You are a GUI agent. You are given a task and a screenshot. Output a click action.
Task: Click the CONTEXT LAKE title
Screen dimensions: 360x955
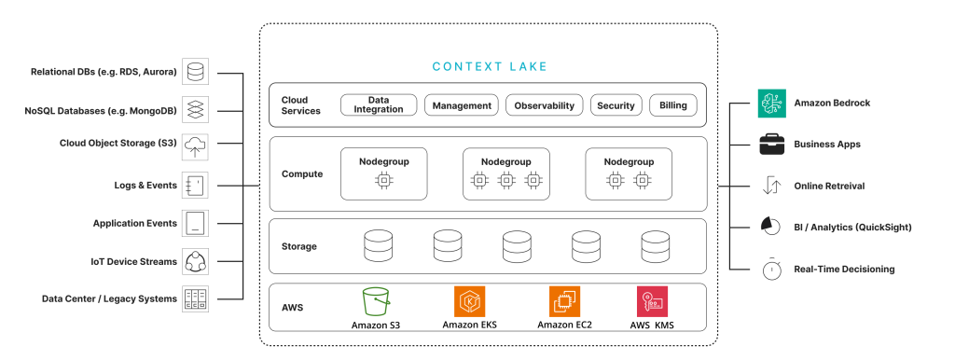coord(490,67)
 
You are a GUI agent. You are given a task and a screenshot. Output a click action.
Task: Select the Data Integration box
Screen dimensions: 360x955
coord(378,105)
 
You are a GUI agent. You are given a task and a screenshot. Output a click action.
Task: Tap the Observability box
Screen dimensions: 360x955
coord(546,105)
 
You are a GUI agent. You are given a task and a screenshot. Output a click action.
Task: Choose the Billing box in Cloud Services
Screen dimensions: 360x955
coord(672,105)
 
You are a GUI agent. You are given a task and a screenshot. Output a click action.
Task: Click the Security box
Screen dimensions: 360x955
coord(616,105)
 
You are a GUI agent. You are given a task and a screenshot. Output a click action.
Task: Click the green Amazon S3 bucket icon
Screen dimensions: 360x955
coord(376,301)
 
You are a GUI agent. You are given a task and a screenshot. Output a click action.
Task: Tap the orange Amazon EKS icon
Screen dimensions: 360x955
coord(469,301)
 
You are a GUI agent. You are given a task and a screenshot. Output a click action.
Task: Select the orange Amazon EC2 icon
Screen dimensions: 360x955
coord(564,301)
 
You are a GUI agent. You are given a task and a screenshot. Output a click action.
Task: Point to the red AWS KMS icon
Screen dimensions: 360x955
coord(652,301)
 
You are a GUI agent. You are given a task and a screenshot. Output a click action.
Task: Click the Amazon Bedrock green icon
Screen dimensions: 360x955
coord(771,103)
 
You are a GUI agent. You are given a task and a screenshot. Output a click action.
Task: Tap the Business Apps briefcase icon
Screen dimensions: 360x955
coord(771,145)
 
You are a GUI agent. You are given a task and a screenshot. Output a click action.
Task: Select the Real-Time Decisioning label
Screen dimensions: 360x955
coord(844,270)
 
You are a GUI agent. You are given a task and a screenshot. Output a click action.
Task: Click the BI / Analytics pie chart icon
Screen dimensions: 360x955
coord(771,228)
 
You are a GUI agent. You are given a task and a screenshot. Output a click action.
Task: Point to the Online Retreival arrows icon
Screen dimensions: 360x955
coord(771,186)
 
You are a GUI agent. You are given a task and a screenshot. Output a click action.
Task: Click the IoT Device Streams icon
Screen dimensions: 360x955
coord(196,262)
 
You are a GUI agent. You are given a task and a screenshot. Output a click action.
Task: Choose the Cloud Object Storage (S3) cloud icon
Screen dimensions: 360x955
coord(196,144)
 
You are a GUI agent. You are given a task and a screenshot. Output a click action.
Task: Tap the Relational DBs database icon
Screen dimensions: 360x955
coord(196,71)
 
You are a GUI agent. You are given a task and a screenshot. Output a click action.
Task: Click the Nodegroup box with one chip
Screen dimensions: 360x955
coord(383,173)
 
